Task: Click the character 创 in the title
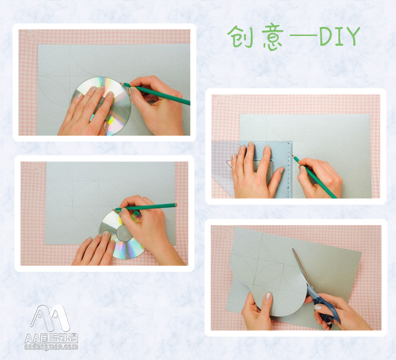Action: point(239,38)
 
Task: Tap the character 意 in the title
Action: point(271,38)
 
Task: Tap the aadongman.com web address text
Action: point(52,346)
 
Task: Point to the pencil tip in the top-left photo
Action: point(124,84)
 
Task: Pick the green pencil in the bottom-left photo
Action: point(150,207)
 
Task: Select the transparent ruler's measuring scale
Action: point(288,171)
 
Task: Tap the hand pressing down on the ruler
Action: point(255,171)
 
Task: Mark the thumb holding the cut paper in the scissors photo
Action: point(268,298)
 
